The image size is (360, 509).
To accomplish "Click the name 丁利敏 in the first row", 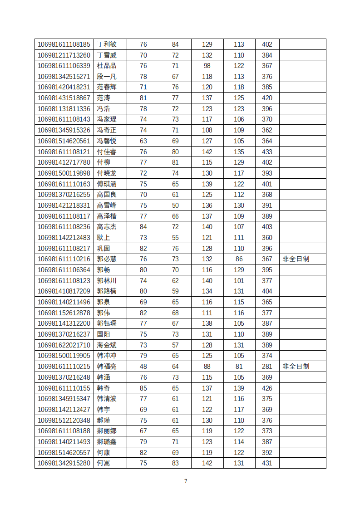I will click(x=107, y=44).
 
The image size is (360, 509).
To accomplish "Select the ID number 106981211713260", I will click(x=64, y=55).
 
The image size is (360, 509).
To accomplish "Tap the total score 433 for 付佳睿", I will click(x=267, y=152).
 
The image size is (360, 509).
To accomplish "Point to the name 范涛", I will click(x=104, y=98).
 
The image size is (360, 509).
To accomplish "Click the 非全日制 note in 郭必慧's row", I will click(x=296, y=259).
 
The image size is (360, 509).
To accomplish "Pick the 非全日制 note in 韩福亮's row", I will click(x=296, y=367).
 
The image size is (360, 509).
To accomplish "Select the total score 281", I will click(x=267, y=367).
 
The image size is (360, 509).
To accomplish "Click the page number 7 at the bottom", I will click(x=185, y=481).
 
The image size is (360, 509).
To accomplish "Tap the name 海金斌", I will click(x=107, y=345).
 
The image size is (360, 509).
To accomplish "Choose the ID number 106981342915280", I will click(x=64, y=463).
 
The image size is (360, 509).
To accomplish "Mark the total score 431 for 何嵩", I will click(x=267, y=463).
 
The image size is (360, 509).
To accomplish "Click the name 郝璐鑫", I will click(x=107, y=442).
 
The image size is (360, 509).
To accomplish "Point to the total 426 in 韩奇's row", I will click(x=267, y=388).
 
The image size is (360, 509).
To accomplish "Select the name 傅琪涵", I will click(x=107, y=184).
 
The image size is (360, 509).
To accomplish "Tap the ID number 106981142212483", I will click(x=64, y=238).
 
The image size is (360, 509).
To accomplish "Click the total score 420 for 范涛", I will click(x=267, y=98).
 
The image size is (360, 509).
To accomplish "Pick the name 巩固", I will click(x=104, y=249).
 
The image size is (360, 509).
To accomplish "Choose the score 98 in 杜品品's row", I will click(x=207, y=66).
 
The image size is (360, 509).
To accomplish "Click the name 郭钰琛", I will click(x=107, y=323).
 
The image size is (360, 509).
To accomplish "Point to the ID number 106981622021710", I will click(x=64, y=345).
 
